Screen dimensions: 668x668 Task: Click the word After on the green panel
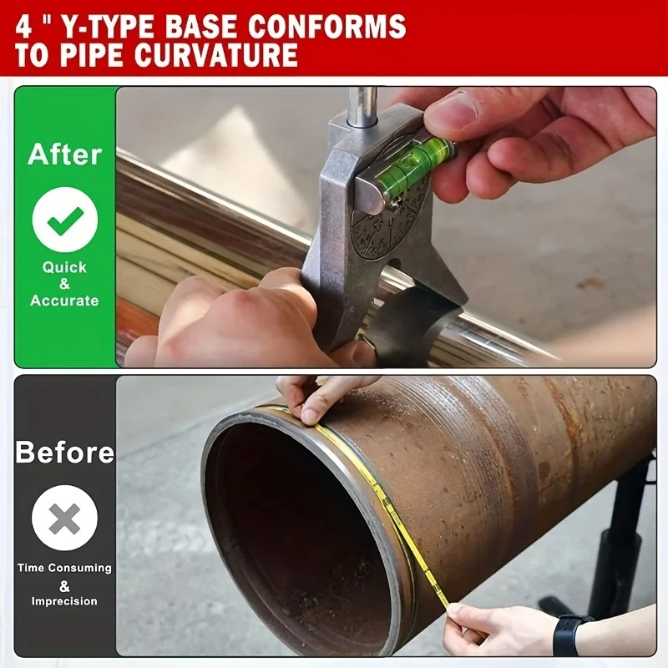tap(64, 154)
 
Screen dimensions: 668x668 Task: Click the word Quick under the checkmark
tap(64, 267)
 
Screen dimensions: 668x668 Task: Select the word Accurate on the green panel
tap(64, 301)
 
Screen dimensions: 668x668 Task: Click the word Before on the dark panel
tap(64, 453)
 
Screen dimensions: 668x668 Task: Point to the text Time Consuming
tap(64, 568)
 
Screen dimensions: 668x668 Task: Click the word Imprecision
tap(64, 601)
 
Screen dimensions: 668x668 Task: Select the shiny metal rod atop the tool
tap(362, 105)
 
